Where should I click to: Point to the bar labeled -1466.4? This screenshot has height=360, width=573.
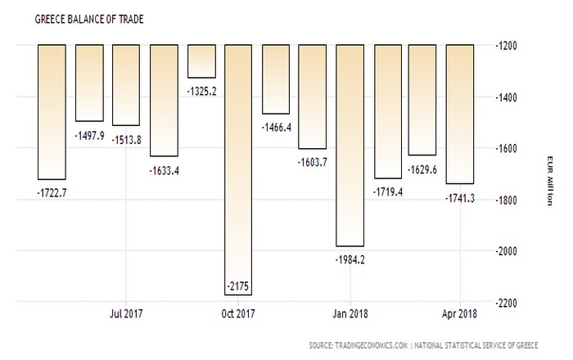point(276,79)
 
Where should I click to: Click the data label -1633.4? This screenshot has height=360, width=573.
point(165,169)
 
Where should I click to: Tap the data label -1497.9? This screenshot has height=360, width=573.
point(91,134)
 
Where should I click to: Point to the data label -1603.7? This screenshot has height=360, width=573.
point(314,162)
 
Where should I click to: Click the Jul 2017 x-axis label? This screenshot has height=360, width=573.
point(127,313)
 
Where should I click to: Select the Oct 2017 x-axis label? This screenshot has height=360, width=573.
point(239,313)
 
